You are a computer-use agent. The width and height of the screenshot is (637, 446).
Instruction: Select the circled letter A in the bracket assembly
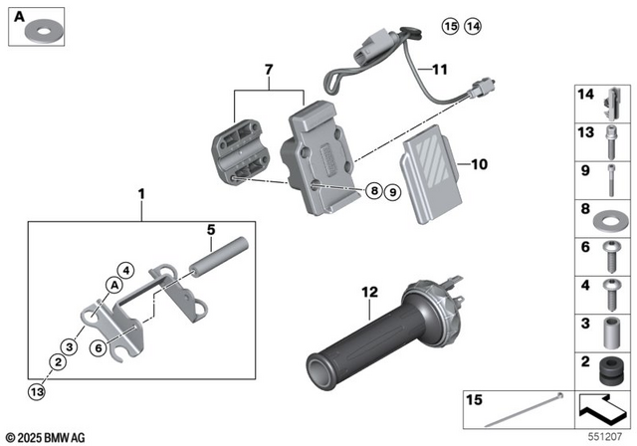[114, 285]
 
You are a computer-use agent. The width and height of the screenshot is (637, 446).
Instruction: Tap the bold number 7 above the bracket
[267, 68]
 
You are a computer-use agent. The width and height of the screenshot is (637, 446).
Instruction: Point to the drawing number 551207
[610, 437]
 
